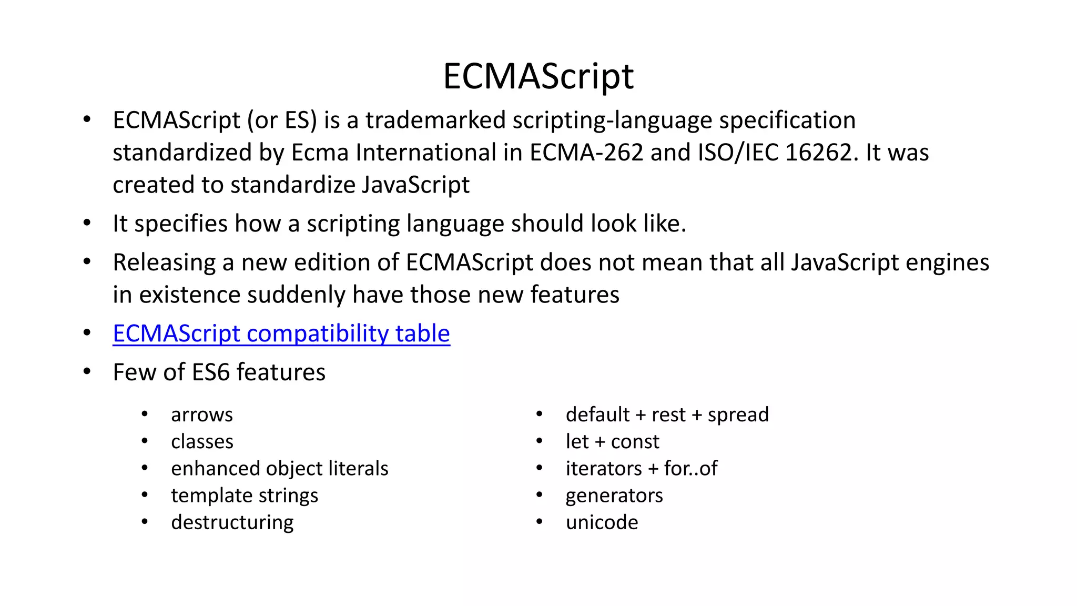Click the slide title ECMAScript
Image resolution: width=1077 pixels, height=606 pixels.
(538, 77)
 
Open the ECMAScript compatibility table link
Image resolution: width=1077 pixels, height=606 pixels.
(281, 334)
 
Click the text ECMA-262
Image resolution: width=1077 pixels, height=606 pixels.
(586, 153)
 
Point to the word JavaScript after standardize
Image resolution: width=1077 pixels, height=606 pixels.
(415, 185)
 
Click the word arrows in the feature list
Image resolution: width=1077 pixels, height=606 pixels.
(202, 415)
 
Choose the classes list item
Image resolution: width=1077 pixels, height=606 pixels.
(202, 442)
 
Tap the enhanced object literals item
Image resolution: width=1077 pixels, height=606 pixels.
(279, 469)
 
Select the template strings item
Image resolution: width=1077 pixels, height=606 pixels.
(245, 496)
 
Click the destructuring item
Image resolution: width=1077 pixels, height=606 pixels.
(232, 522)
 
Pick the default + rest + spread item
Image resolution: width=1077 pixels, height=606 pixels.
(667, 415)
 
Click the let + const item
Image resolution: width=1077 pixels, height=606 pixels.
(612, 442)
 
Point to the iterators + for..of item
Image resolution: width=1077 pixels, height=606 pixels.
(642, 469)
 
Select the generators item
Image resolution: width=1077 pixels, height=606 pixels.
(614, 496)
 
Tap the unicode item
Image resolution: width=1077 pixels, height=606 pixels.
(602, 522)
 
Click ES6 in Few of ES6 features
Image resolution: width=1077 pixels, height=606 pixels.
(211, 372)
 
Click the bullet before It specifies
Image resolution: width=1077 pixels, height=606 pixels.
(87, 223)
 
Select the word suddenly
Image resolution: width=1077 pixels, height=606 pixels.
(296, 295)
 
